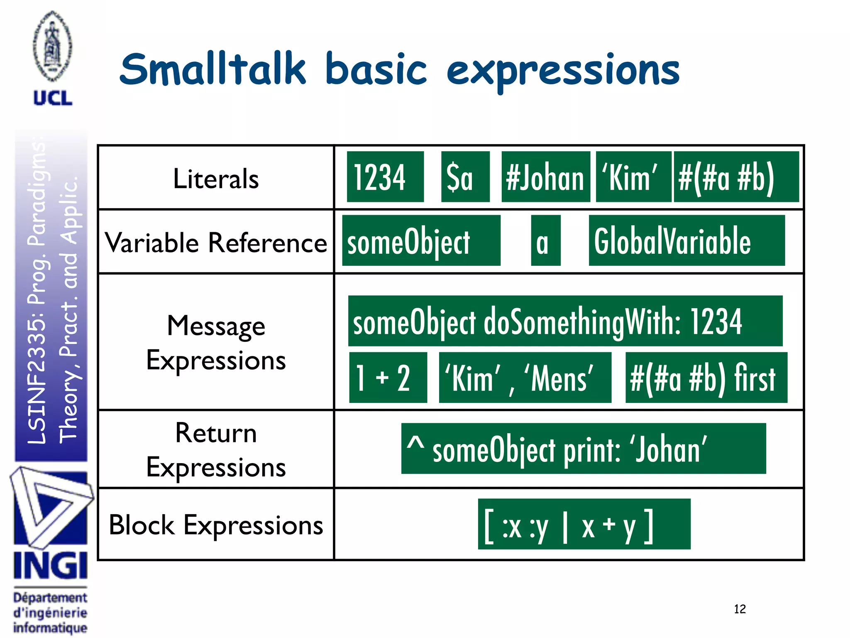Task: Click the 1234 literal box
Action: coord(385,177)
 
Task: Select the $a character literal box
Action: coord(465,177)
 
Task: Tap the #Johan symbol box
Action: coord(545,177)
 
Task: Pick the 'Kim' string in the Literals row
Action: coord(633,177)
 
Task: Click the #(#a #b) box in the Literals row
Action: coord(736,177)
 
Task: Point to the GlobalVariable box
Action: coord(686,240)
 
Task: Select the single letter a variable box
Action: coord(545,240)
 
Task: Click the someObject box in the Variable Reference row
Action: coord(421,240)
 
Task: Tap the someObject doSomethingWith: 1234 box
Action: coord(565,321)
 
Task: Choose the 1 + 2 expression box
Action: coord(388,378)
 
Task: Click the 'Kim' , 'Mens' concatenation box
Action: coord(525,378)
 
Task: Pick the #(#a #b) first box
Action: coord(706,378)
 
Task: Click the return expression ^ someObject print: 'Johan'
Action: coord(583,449)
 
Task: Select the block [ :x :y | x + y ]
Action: coord(584,524)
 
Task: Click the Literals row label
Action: coord(216,179)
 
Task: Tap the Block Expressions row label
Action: coord(216,525)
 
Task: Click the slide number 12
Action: coord(740,609)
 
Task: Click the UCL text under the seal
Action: coord(53,98)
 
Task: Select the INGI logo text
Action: coord(50,566)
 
